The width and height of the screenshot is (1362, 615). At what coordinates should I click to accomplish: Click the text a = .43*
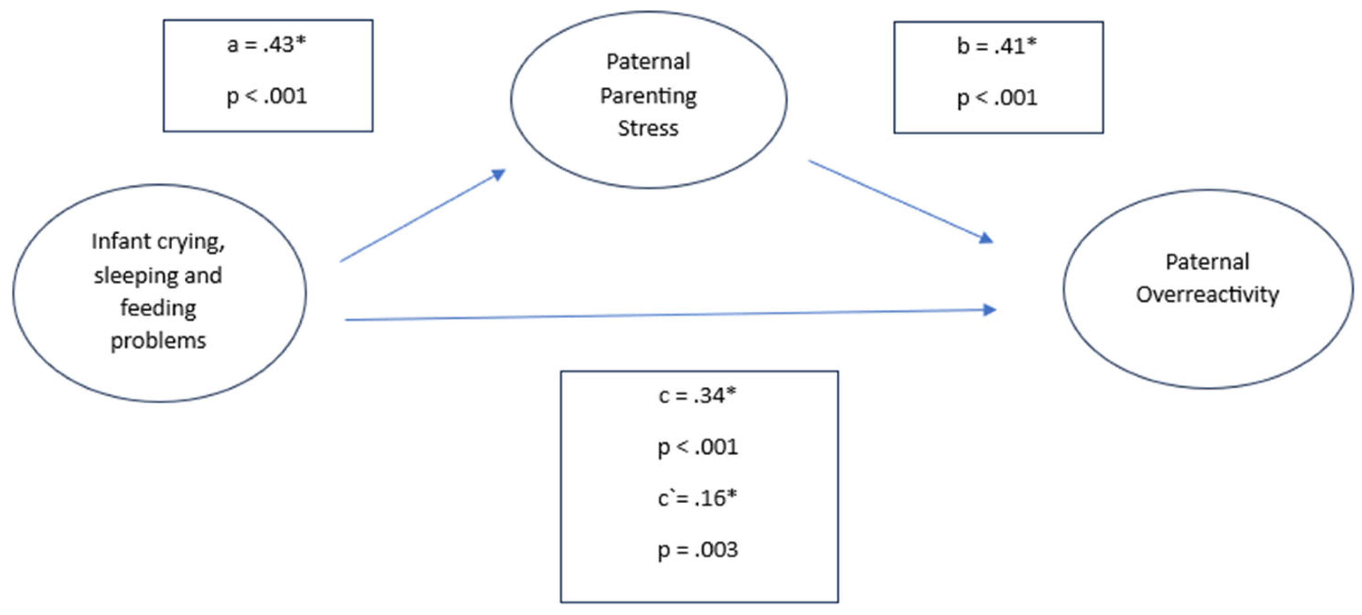pos(267,44)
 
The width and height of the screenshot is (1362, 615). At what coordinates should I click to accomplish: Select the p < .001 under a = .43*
pos(267,96)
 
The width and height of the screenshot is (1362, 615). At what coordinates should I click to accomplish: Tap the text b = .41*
pos(997,46)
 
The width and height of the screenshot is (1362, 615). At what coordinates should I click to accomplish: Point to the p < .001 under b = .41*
pos(997,98)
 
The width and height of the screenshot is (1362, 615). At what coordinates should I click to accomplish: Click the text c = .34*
pos(697,396)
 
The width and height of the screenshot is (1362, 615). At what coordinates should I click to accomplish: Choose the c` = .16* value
pos(697,498)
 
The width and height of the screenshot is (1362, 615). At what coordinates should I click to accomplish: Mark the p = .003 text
pos(697,550)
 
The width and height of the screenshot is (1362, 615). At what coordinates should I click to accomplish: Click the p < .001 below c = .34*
pos(697,448)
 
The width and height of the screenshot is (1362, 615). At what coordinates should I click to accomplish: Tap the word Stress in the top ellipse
pos(648,128)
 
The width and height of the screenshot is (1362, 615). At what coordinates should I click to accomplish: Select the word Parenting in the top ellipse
pos(648,96)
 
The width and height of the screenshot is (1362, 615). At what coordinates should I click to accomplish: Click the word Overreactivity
pos(1207,295)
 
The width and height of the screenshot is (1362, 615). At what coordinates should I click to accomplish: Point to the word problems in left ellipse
pos(158,341)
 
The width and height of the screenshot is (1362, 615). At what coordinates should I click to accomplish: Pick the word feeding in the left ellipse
pos(158,308)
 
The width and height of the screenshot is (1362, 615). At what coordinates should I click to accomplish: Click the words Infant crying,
pos(158,242)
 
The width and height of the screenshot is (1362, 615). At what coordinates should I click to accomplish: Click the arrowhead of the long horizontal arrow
pos(989,310)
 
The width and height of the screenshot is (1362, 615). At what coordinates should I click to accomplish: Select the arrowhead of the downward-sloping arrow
pos(986,239)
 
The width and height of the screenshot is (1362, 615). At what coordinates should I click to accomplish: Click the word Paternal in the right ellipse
pos(1207,262)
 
